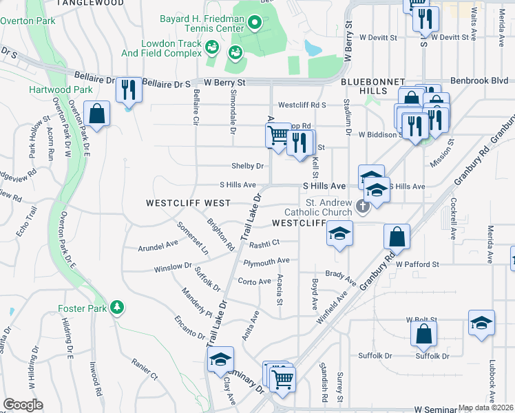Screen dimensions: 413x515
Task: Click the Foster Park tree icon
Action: coord(118,307)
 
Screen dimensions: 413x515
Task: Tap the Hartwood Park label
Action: coord(61,89)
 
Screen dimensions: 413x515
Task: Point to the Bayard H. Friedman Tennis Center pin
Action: coord(254,25)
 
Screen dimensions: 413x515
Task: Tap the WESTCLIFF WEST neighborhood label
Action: coord(187,203)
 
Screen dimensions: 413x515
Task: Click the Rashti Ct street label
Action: coord(264,242)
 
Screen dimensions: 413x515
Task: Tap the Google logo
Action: coord(23,404)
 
